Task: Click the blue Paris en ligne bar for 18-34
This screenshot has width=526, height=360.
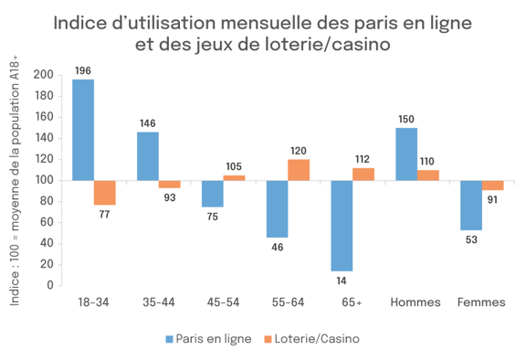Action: (x=83, y=129)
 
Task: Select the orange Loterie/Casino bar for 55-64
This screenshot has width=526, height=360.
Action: (x=299, y=169)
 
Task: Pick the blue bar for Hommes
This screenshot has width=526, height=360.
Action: (x=406, y=154)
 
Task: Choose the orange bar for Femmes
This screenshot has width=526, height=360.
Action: (x=493, y=185)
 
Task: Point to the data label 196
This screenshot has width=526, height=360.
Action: (x=83, y=70)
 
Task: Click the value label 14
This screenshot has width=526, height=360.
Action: (x=342, y=280)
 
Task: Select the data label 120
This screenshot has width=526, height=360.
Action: (x=299, y=150)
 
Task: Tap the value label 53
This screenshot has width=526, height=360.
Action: (x=471, y=239)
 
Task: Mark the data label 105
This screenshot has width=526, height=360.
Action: (x=235, y=166)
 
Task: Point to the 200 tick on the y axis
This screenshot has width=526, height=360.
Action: (x=42, y=75)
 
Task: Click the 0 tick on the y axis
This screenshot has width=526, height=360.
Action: (x=49, y=285)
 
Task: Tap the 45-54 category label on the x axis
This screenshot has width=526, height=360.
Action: (x=224, y=302)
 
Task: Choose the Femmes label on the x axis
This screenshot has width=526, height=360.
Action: (x=481, y=302)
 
